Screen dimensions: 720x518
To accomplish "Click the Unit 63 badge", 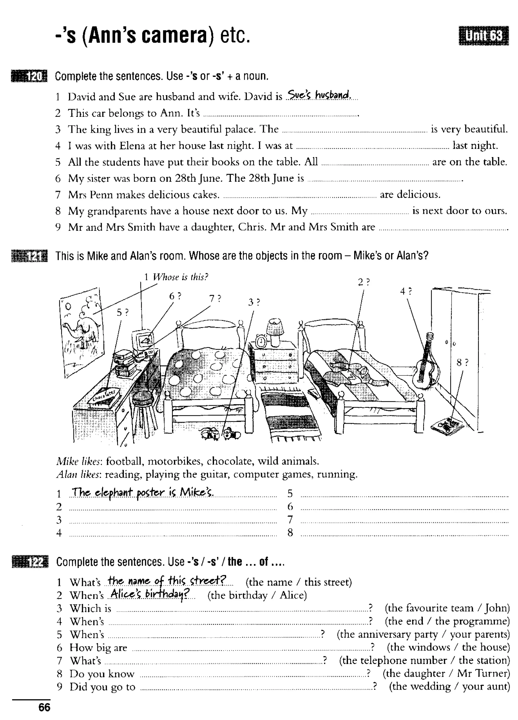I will tap(483, 36).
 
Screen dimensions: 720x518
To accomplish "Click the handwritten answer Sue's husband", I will tap(318, 95).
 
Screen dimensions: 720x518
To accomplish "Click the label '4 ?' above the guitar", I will tap(405, 291).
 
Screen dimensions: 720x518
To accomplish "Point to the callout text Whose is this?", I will tap(180, 277).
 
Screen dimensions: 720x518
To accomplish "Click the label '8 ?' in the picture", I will tap(462, 362).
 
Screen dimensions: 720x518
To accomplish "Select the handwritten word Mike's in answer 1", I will tap(196, 492).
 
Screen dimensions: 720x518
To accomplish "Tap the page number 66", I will tap(44, 707).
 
